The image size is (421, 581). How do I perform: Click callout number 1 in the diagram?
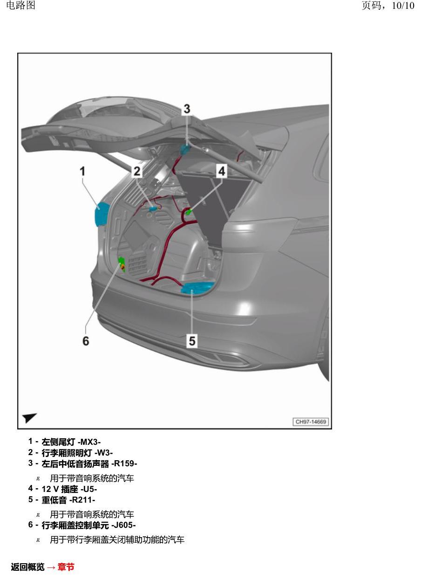coord(82,171)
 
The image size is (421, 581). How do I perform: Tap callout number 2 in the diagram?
coord(137,171)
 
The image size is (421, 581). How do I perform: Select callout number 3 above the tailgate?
coord(187,109)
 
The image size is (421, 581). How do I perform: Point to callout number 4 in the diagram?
coord(222,171)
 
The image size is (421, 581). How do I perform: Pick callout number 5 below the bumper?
coord(192,340)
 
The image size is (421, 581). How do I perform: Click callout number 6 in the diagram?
coord(86,340)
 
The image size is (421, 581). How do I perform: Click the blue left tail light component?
coord(102,214)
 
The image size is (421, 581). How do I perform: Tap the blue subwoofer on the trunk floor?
coord(197,288)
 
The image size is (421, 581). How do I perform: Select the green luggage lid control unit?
coord(122,264)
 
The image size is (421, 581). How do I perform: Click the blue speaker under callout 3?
coord(185,149)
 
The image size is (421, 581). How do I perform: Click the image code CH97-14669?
coord(311,422)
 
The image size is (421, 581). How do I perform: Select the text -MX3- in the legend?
coord(89,442)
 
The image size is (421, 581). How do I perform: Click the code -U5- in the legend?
coord(89,490)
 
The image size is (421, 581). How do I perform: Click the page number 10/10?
coord(403,6)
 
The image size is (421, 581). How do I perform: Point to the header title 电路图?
coord(20,6)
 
